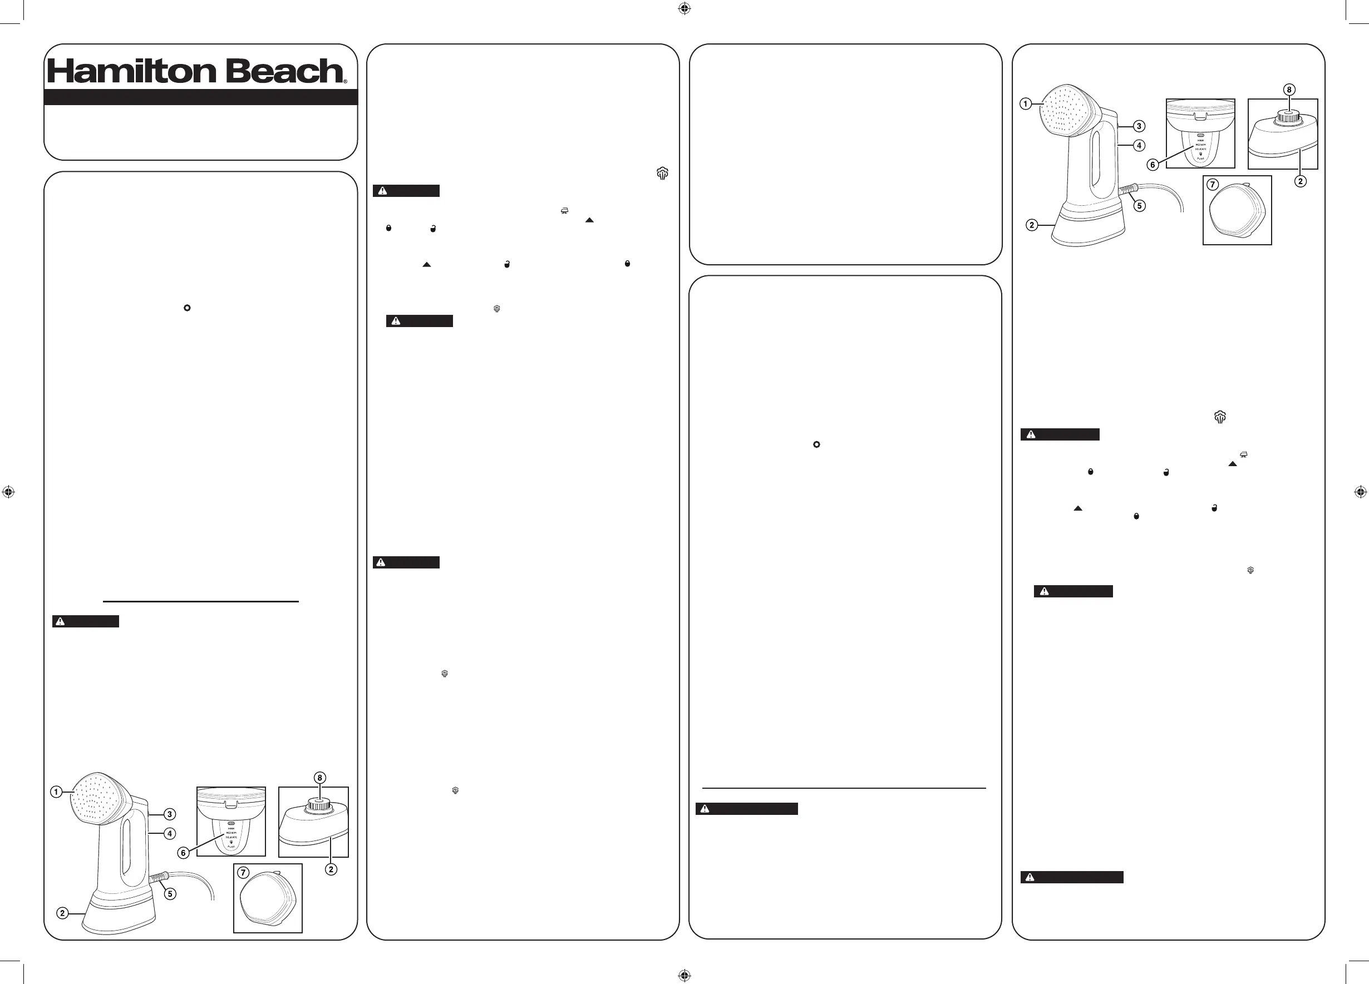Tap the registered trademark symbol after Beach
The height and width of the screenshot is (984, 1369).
(x=345, y=81)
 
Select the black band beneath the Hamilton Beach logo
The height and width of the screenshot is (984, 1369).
(x=200, y=97)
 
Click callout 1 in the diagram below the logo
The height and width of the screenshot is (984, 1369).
(x=56, y=792)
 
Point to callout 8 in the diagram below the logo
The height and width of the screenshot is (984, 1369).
(x=320, y=778)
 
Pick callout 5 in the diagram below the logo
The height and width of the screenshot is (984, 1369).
(x=170, y=893)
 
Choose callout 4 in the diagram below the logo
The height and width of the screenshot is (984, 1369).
(x=170, y=833)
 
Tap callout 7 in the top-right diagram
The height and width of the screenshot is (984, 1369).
(x=1212, y=185)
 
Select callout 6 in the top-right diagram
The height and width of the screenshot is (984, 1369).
(x=1153, y=165)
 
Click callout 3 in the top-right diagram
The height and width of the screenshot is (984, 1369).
(x=1139, y=126)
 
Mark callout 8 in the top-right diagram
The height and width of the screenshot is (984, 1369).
(x=1289, y=90)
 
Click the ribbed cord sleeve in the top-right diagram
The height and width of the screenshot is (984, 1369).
(x=1126, y=191)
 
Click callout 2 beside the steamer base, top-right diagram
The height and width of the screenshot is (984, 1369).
(x=1032, y=225)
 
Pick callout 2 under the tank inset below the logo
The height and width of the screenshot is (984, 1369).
(x=331, y=869)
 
